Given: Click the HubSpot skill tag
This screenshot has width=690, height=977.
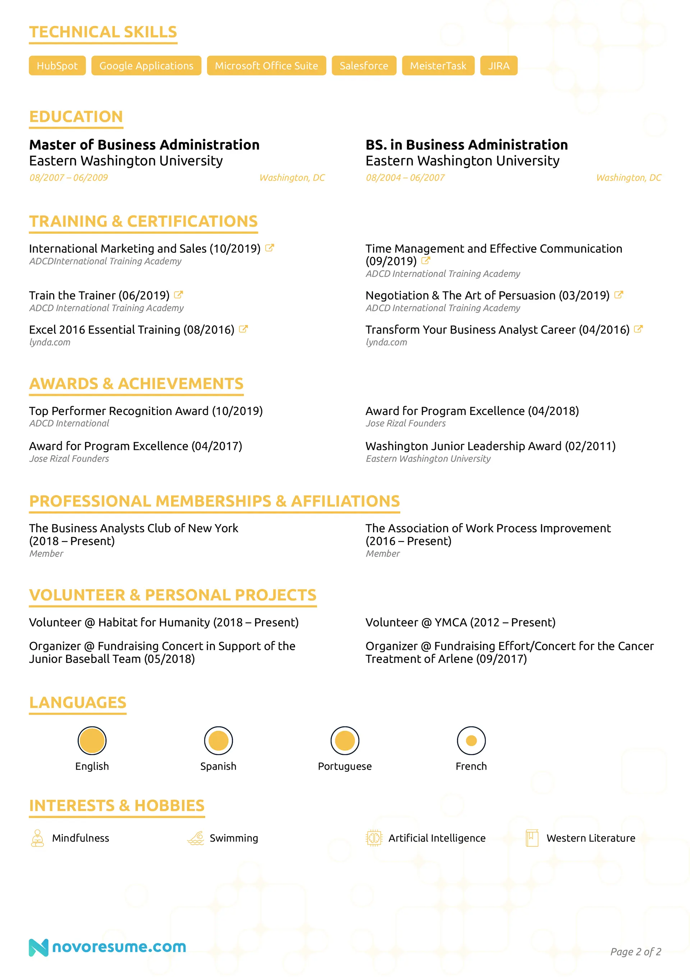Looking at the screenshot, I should (57, 65).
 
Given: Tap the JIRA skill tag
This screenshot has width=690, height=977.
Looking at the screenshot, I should (498, 65).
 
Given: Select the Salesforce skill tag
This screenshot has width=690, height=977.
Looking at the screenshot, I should (364, 65).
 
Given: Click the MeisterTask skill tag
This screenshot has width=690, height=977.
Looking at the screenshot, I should (438, 65).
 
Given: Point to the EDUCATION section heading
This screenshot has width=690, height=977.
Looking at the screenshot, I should (76, 117).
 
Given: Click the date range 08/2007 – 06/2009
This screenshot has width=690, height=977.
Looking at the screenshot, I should (69, 177).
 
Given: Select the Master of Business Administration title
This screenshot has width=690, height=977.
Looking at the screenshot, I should (144, 145).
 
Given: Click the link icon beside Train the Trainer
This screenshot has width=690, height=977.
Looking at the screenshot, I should (179, 295).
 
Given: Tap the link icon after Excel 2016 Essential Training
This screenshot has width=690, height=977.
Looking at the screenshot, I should (243, 329).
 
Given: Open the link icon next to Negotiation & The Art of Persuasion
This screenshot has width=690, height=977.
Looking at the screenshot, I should (619, 295).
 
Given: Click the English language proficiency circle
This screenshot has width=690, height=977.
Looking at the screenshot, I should (92, 740).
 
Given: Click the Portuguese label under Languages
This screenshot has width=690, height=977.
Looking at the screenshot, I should (345, 766).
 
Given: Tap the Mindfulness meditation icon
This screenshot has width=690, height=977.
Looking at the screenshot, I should (37, 838).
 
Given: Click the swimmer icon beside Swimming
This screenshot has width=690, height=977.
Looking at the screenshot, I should (196, 838).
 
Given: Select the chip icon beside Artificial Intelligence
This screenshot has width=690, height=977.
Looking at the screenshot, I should (374, 838).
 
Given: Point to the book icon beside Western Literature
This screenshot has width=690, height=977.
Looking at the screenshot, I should (532, 838).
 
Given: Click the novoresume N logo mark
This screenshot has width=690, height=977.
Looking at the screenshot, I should (38, 947).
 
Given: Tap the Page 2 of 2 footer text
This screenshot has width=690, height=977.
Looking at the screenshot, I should (635, 951).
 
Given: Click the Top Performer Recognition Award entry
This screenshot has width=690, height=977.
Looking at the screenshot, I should (146, 411).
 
